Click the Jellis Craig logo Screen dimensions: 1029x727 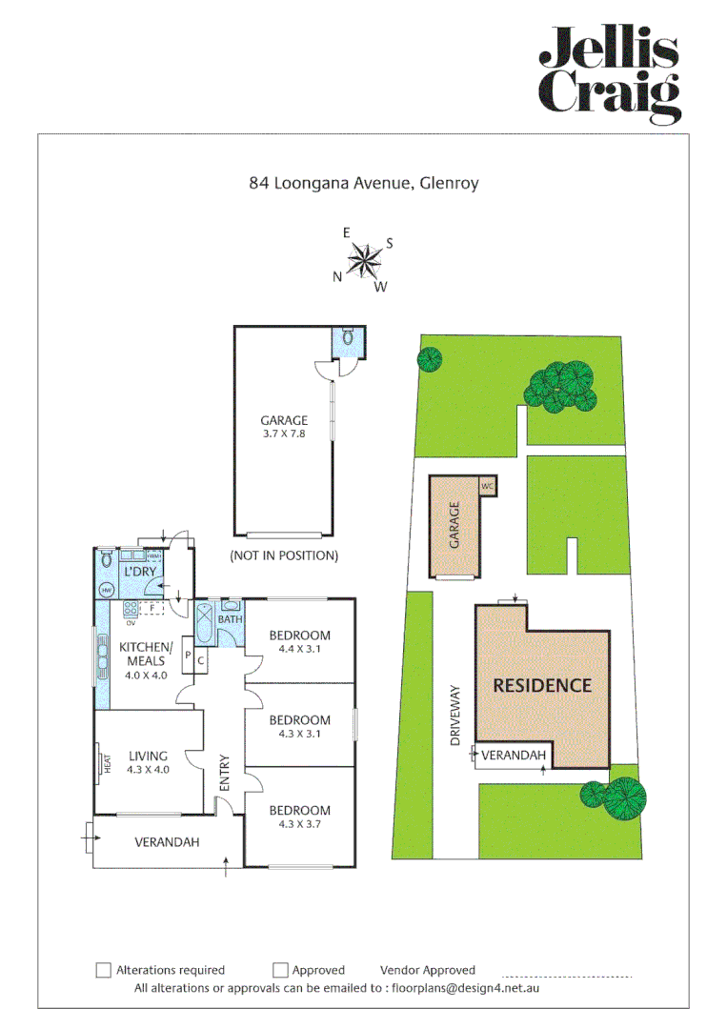(610, 74)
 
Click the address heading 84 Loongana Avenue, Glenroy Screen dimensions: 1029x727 (364, 183)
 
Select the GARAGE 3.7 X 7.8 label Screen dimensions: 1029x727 (284, 426)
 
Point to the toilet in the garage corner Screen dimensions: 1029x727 (348, 337)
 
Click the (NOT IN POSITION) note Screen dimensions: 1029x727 (284, 555)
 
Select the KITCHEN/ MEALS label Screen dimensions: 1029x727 (143, 654)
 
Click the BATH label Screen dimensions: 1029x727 (230, 620)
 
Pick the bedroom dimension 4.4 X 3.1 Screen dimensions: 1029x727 (299, 649)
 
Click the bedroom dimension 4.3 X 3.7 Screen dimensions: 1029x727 (299, 824)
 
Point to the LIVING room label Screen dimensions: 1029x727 (144, 757)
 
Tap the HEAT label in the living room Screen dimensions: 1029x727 (108, 764)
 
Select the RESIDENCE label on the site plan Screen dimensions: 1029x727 (541, 685)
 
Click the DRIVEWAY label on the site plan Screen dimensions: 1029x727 (455, 714)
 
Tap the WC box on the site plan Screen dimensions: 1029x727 (487, 486)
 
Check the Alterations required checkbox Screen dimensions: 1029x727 (104, 970)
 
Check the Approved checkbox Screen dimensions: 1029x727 (280, 970)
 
